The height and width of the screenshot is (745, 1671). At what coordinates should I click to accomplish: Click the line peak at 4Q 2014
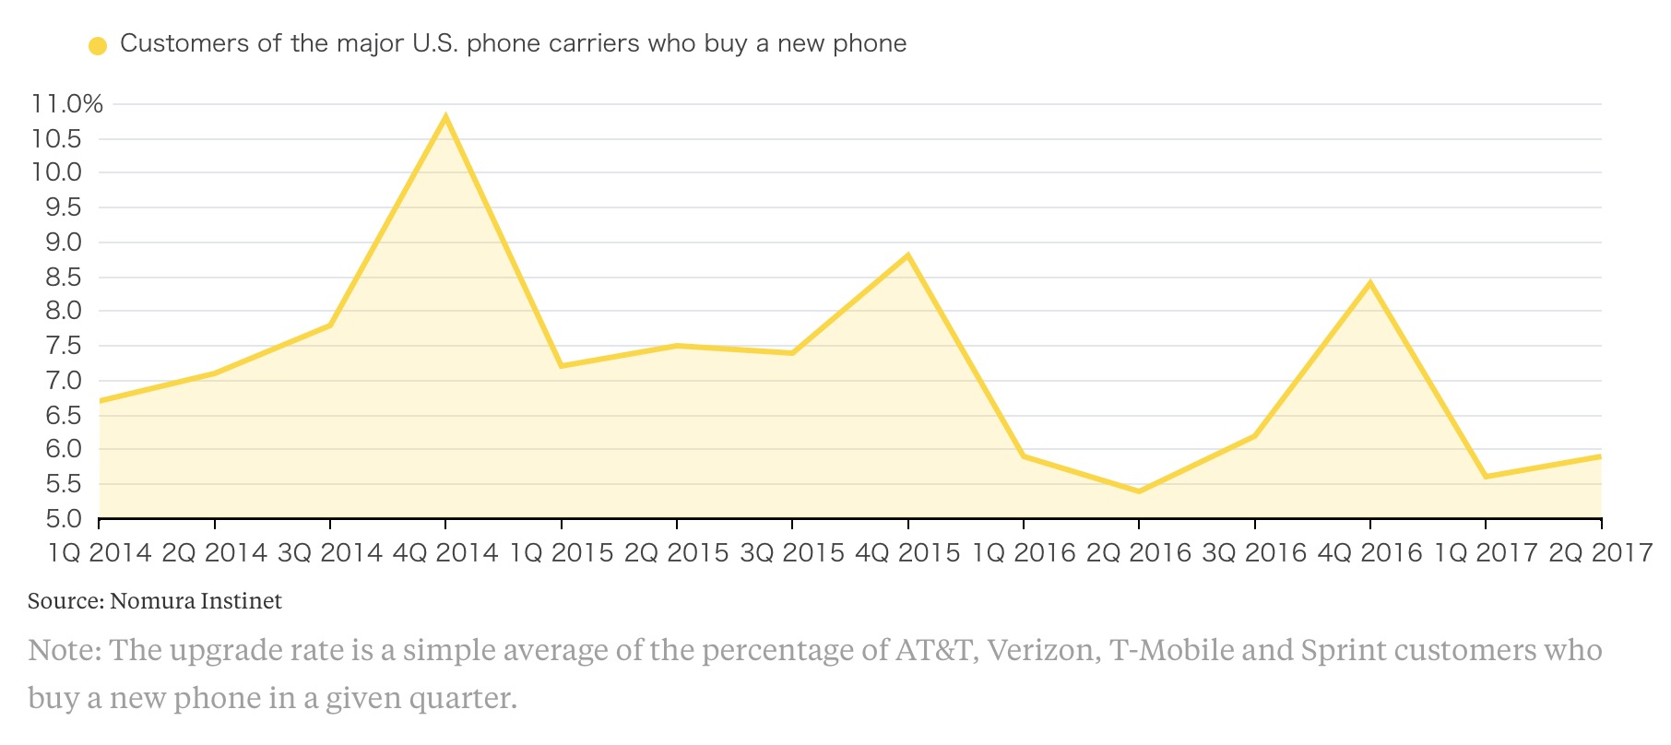445,117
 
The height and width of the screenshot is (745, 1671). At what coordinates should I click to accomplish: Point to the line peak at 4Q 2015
908,255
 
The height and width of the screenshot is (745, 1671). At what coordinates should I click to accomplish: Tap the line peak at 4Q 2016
1370,283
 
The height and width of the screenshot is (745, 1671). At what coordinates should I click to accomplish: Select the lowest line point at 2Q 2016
1139,491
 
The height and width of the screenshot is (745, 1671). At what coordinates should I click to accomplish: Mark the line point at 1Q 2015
562,366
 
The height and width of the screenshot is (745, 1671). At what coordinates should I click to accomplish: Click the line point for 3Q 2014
330,325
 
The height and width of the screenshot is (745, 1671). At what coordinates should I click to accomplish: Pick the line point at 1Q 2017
1486,476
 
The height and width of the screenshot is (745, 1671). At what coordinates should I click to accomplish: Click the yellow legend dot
98,45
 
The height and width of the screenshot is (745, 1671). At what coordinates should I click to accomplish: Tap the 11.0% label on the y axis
66,104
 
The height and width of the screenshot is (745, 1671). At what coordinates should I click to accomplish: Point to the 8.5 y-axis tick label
63,277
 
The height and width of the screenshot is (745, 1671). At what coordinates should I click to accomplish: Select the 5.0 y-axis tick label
63,519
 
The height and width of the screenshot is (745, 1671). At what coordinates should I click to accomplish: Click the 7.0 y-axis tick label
63,381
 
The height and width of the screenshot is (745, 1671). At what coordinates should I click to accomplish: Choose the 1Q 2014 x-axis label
99,553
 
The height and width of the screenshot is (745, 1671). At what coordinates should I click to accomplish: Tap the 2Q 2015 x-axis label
676,553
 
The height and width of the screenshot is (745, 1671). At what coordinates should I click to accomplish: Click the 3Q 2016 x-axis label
1254,553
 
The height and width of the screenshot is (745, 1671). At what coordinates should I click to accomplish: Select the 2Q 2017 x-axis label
1600,553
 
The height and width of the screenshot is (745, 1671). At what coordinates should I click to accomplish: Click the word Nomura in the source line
151,601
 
